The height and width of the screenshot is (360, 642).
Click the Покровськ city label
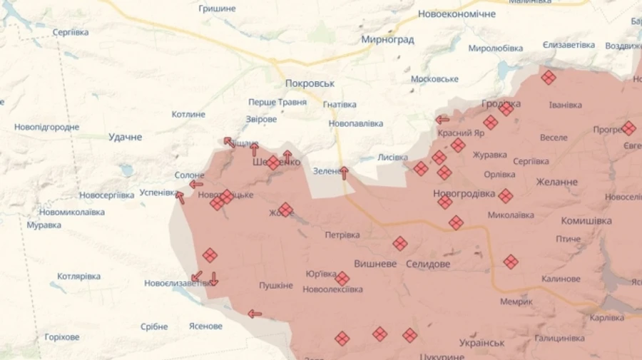[x=310, y=83]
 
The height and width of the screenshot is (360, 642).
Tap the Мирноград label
[x=387, y=40]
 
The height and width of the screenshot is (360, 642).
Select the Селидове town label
[x=428, y=264]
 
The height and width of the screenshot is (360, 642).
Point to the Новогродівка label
[x=464, y=193]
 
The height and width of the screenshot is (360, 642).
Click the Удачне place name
[x=125, y=137]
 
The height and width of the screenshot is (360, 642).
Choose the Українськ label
[x=482, y=342]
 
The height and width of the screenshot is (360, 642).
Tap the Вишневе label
[x=375, y=263]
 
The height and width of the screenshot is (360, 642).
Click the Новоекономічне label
[x=456, y=14]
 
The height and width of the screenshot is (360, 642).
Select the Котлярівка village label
[x=78, y=276]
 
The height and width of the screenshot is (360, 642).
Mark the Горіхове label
[x=62, y=336]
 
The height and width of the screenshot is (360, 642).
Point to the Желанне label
[x=559, y=182]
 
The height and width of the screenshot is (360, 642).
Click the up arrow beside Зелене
[x=345, y=172]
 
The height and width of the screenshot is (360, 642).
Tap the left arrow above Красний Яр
[x=442, y=119]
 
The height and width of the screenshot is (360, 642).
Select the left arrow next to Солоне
[x=195, y=185]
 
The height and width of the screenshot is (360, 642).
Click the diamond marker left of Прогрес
[x=628, y=128]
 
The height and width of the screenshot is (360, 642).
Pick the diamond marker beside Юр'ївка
[x=342, y=279]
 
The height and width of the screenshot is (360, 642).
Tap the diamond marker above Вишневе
[x=400, y=244]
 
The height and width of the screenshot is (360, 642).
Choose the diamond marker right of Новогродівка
[x=506, y=196]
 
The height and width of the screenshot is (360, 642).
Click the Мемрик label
[x=516, y=302]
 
